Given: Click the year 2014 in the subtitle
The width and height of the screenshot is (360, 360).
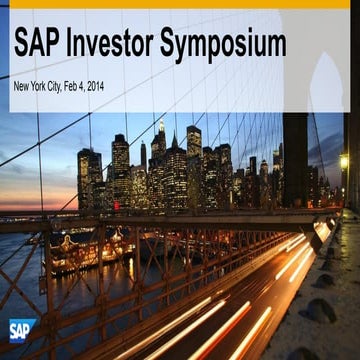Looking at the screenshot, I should (113, 85).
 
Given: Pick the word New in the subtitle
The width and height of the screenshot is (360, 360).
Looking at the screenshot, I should (22, 85).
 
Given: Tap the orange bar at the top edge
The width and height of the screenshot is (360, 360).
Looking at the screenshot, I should (180, 3).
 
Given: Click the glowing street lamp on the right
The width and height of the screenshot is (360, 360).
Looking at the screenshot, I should (343, 160).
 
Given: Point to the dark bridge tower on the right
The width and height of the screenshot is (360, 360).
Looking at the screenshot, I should (295, 160).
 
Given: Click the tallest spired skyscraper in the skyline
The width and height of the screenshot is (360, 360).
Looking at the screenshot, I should (160, 150).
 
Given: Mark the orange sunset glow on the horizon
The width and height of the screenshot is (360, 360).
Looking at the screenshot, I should (40, 205).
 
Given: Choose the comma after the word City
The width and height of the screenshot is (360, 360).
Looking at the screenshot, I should (72, 89).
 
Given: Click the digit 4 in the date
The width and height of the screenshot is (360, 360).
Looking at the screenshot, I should (97, 85).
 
